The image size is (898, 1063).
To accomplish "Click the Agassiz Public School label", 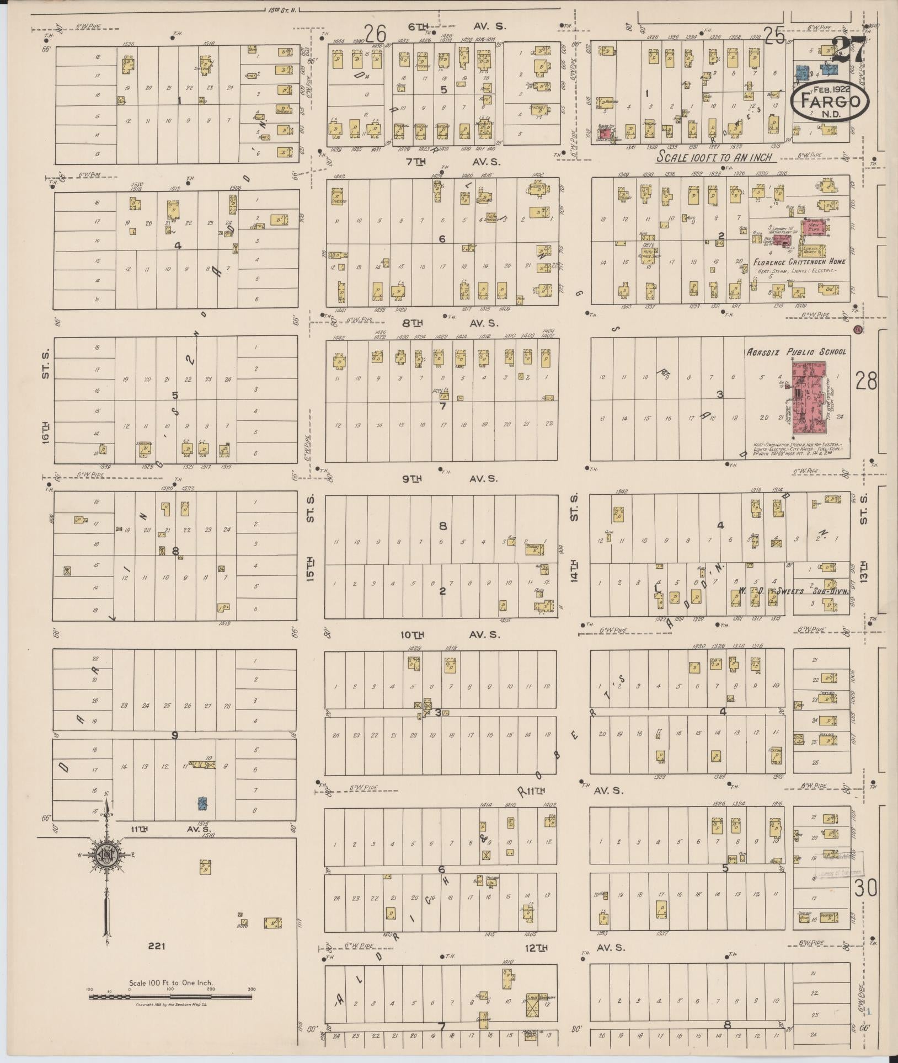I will (x=796, y=351).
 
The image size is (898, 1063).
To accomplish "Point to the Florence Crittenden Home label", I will (x=799, y=262).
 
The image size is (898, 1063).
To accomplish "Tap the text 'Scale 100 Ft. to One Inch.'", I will (x=170, y=983).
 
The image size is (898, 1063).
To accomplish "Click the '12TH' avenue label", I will (x=536, y=948).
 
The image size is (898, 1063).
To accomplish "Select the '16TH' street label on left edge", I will (x=45, y=432).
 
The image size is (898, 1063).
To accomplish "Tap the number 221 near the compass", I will (x=157, y=946).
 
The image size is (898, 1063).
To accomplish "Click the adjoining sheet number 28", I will (x=866, y=381).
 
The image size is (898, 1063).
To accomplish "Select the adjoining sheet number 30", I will (x=866, y=889).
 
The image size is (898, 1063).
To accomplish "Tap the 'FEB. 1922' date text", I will (x=830, y=88).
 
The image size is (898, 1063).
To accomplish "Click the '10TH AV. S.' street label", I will (x=450, y=635).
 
